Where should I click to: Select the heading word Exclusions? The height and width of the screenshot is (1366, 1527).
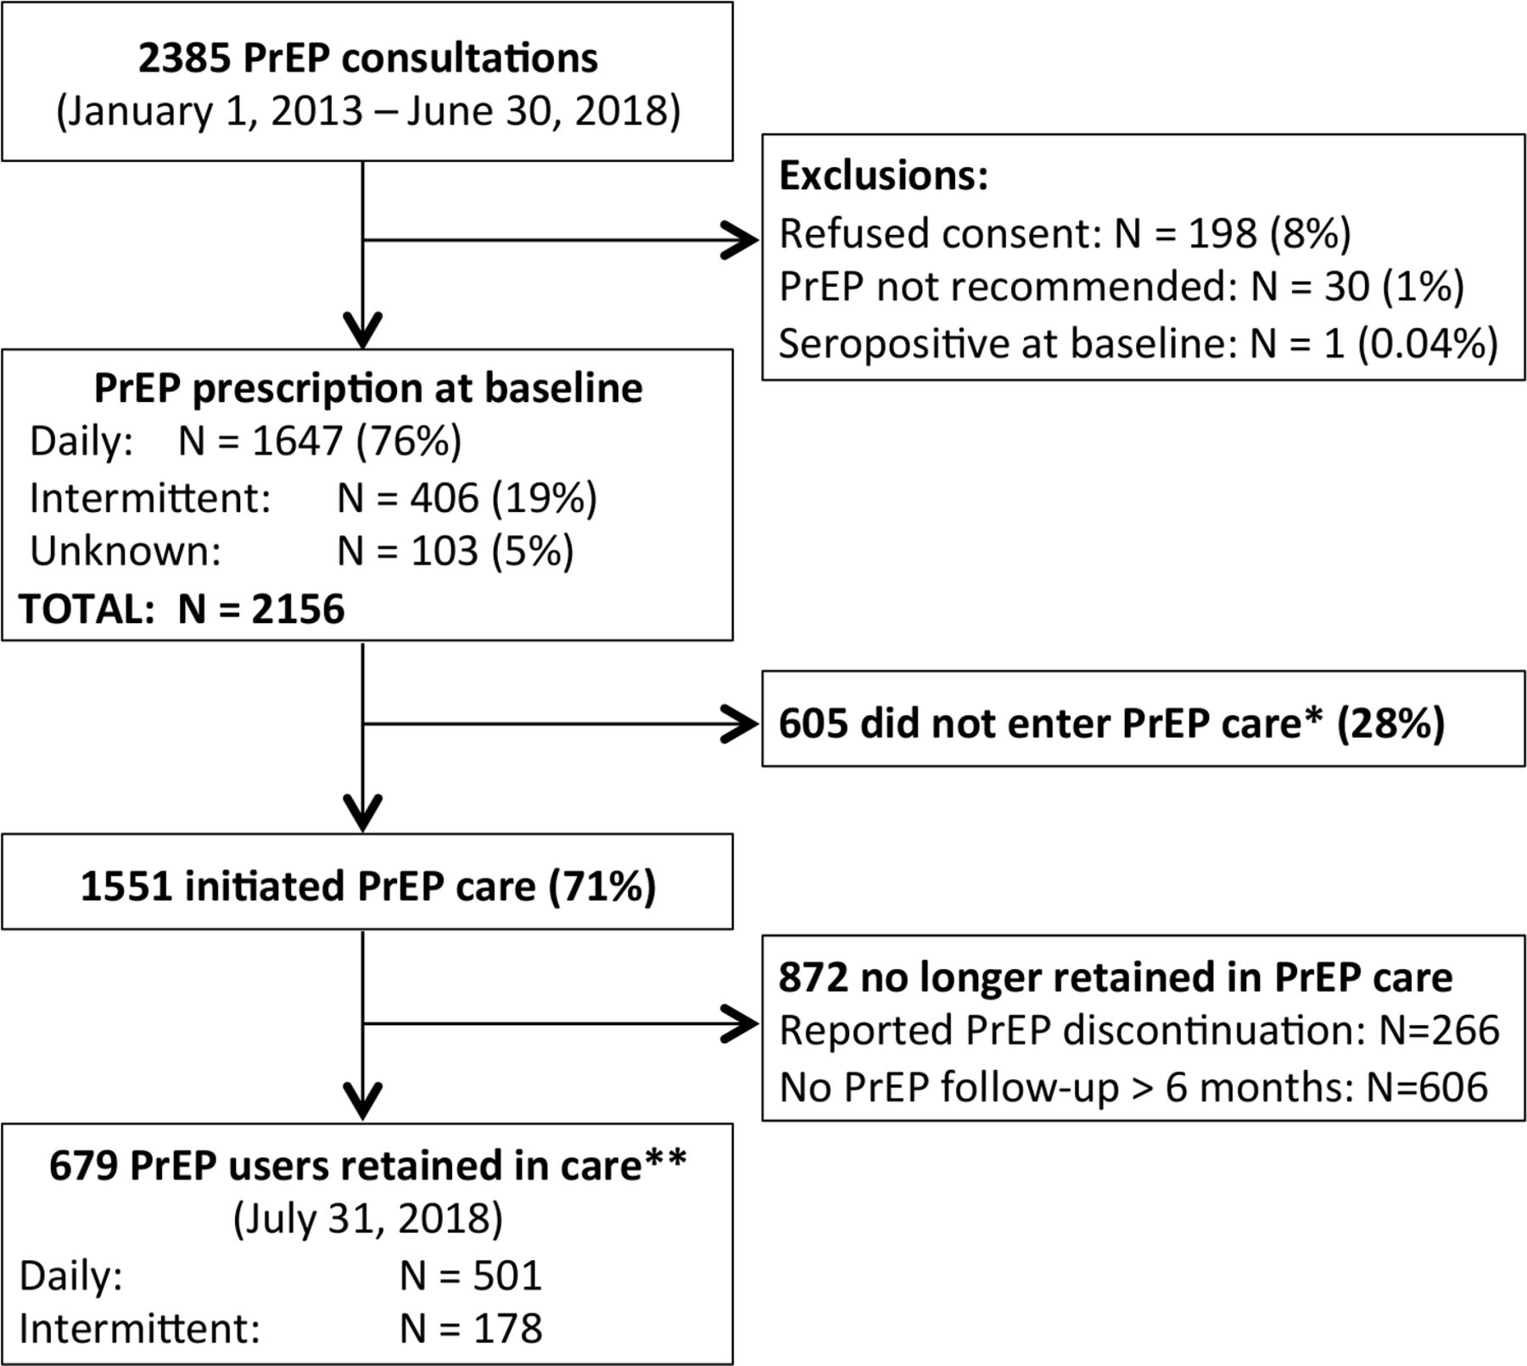[883, 176]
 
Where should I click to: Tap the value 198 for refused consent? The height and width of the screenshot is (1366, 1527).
[1222, 232]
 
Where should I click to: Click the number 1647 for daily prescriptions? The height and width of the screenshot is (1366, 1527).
[297, 441]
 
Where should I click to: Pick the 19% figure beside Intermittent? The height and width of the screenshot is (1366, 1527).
[545, 497]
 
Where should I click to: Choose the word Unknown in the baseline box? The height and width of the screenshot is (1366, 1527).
[126, 551]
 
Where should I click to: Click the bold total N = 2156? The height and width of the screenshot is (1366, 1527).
[261, 609]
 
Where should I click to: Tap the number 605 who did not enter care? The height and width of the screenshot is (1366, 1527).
[814, 723]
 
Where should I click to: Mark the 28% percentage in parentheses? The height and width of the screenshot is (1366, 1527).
[1390, 723]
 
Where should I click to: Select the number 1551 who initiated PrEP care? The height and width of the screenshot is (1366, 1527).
[126, 886]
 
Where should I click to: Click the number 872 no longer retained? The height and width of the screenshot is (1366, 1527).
[814, 977]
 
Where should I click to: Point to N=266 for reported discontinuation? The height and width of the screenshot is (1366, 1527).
[1439, 1030]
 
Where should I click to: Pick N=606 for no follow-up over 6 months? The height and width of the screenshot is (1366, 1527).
[1427, 1086]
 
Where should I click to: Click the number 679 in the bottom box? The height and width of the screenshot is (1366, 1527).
[83, 1165]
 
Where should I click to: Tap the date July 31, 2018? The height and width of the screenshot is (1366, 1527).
[368, 1218]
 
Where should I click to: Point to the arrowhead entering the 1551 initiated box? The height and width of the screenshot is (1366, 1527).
[363, 813]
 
